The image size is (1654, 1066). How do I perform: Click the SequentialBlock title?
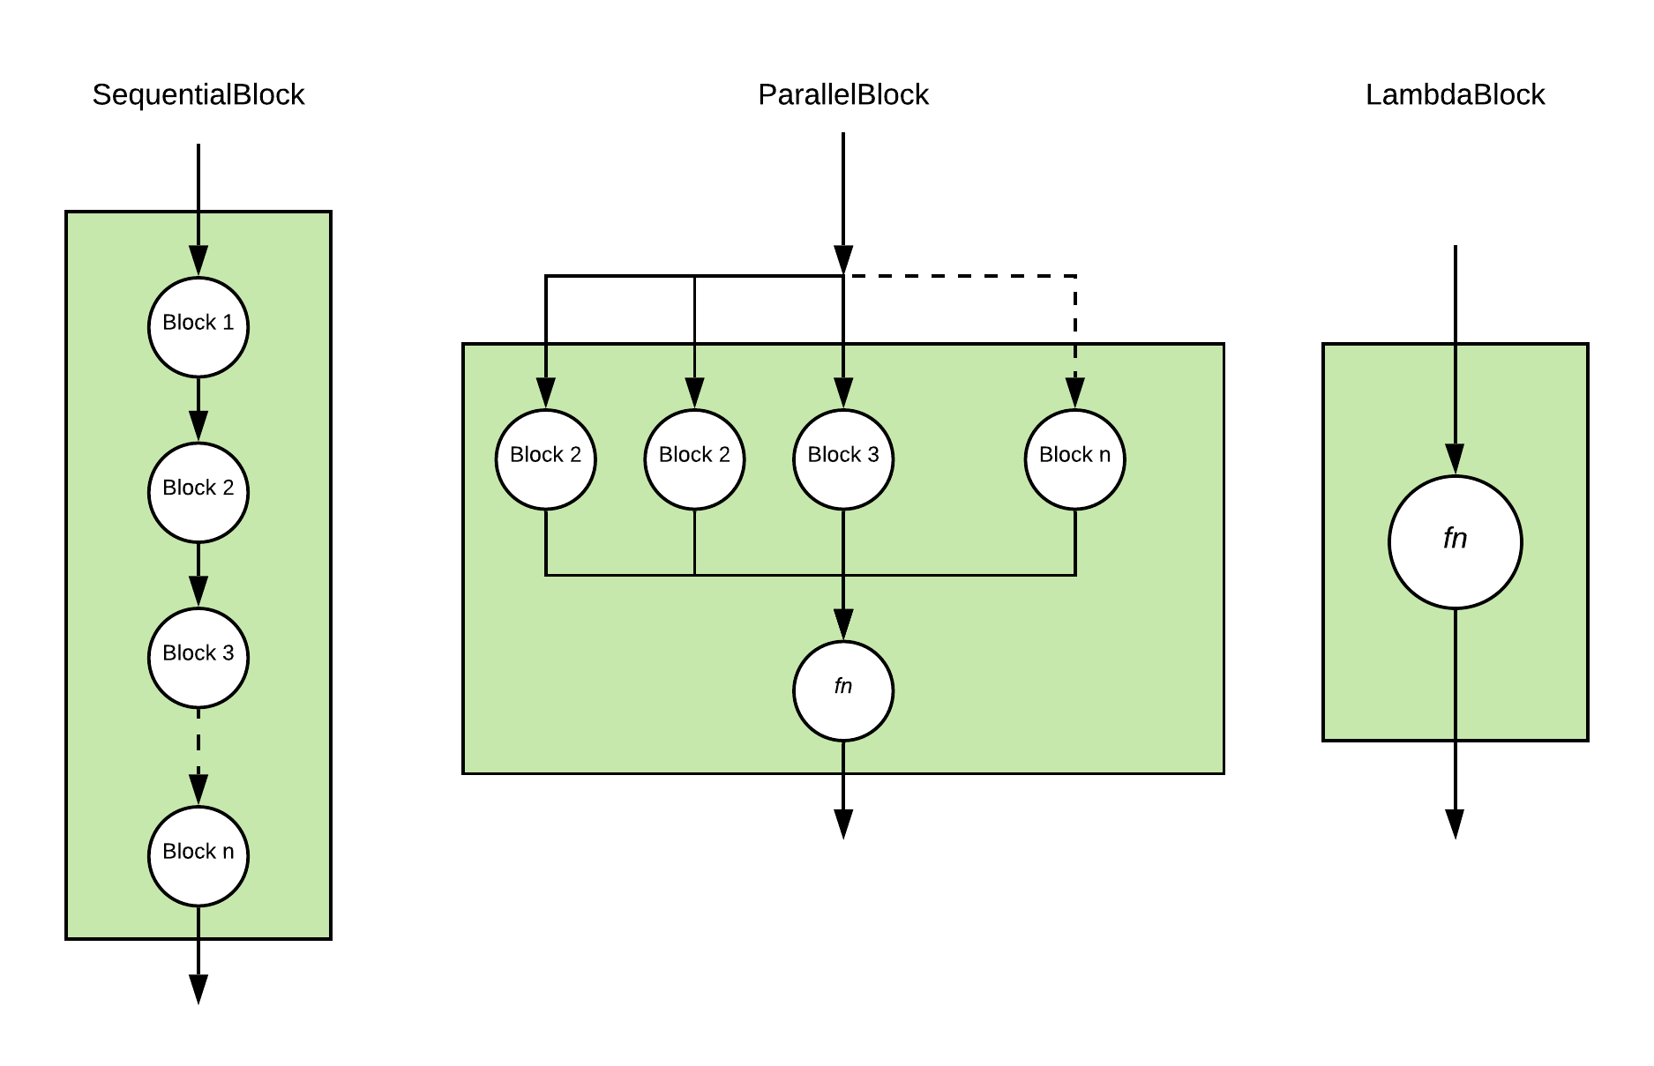point(198,94)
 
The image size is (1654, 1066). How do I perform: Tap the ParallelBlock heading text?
point(842,94)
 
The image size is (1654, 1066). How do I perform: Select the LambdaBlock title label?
point(1455,94)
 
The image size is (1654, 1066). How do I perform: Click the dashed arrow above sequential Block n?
point(198,754)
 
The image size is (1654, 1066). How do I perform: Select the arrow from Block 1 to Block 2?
point(198,408)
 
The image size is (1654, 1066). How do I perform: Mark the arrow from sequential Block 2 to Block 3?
point(198,573)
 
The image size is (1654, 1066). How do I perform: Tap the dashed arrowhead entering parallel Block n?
point(1074,393)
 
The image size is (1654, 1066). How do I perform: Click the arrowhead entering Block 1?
point(198,261)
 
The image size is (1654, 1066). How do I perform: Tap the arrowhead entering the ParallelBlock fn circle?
point(842,624)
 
